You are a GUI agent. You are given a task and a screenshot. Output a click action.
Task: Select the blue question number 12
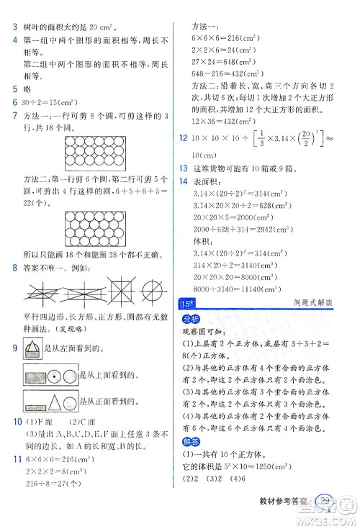(185, 137)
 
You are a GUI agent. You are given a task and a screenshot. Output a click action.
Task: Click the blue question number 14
(185, 182)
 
